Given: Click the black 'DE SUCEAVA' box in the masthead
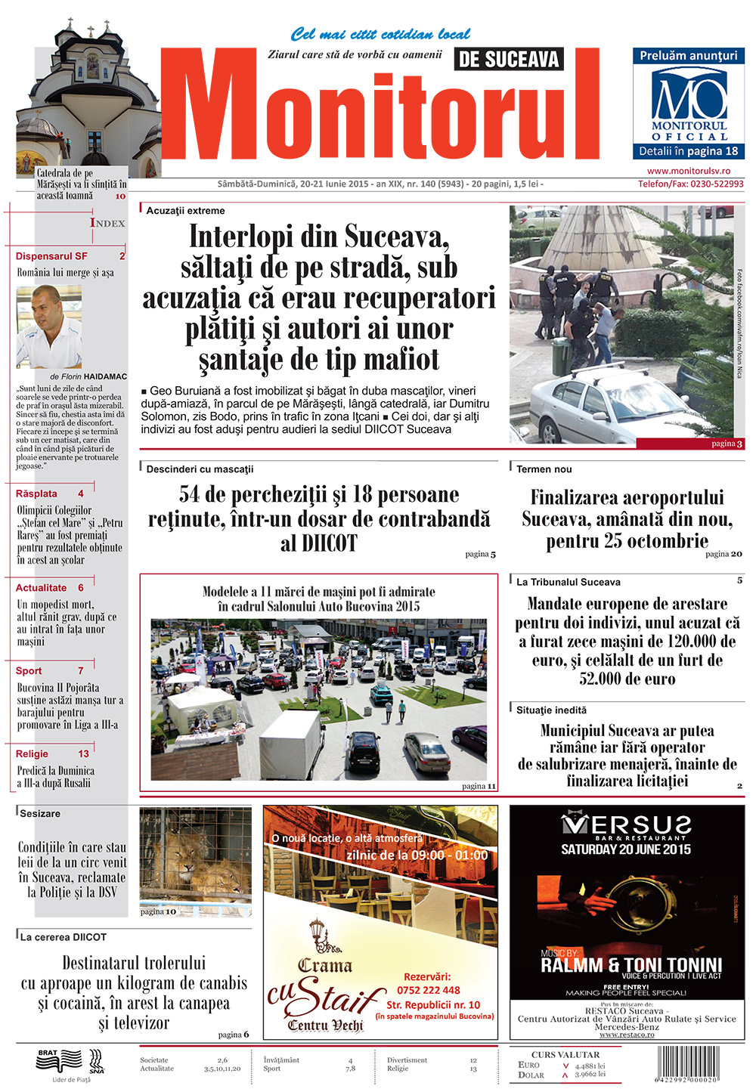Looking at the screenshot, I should click(509, 59).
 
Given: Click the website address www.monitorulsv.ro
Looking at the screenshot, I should click(688, 172).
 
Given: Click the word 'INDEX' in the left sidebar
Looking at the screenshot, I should click(107, 223).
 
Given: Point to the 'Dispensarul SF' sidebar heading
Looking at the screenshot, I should click(51, 256).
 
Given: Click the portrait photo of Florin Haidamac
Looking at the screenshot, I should click(49, 326).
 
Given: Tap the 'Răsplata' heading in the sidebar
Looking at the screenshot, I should click(36, 493).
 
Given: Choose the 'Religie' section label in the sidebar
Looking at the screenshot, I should click(32, 753).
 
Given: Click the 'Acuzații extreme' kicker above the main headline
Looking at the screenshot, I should click(185, 211).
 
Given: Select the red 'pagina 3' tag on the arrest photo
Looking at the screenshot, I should click(727, 444).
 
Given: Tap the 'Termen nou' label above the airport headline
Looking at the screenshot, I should click(544, 469).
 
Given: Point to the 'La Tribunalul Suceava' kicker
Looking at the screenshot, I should click(569, 582).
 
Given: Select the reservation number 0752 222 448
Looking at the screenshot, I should click(429, 990).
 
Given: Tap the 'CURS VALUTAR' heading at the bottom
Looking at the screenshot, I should click(565, 1054).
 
